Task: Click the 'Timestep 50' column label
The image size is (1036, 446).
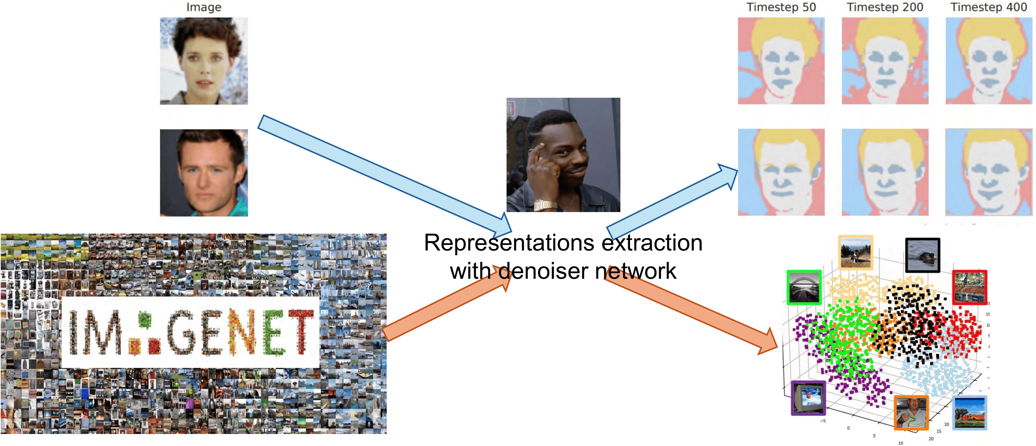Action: pos(781,7)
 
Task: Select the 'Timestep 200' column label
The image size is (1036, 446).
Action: pos(885,7)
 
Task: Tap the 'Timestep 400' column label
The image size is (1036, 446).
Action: pos(988,7)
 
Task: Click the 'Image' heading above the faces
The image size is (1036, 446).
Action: pos(204,7)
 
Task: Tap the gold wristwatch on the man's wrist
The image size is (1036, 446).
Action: pos(545,205)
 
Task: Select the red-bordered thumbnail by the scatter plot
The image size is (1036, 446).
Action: pos(969,287)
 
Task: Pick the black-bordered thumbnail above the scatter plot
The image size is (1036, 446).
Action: pos(922,255)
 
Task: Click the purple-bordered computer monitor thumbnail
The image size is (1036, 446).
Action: pos(808,398)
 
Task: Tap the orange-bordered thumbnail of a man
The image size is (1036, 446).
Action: pos(911,412)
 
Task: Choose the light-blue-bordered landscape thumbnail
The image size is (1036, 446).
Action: pos(970,412)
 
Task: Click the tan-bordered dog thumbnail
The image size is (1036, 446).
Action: pos(856,252)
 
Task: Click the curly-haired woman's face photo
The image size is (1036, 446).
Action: pos(204,61)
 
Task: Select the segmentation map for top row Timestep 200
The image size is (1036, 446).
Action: pos(885,61)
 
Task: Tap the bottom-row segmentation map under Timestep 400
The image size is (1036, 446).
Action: pos(988,172)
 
